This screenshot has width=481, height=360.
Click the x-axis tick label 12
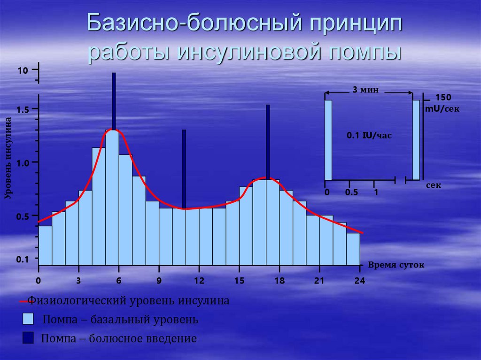(x=199, y=281)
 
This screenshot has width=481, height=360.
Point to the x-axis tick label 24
(x=359, y=281)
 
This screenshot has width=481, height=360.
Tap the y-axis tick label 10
(x=23, y=71)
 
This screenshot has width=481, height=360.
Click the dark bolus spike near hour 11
(x=184, y=169)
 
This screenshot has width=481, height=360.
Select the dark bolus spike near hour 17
(x=268, y=141)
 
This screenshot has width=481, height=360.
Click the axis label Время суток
(x=396, y=265)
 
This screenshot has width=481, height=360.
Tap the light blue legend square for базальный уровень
(x=28, y=320)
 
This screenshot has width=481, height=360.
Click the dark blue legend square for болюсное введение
(x=28, y=338)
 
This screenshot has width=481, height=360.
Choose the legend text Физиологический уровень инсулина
(x=128, y=301)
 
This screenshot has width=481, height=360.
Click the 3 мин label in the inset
(x=365, y=90)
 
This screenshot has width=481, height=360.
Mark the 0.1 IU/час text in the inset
(x=369, y=136)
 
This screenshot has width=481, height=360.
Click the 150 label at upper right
(x=443, y=98)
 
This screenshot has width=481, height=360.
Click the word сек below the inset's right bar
(x=434, y=185)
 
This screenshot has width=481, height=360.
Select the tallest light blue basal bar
(x=112, y=197)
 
